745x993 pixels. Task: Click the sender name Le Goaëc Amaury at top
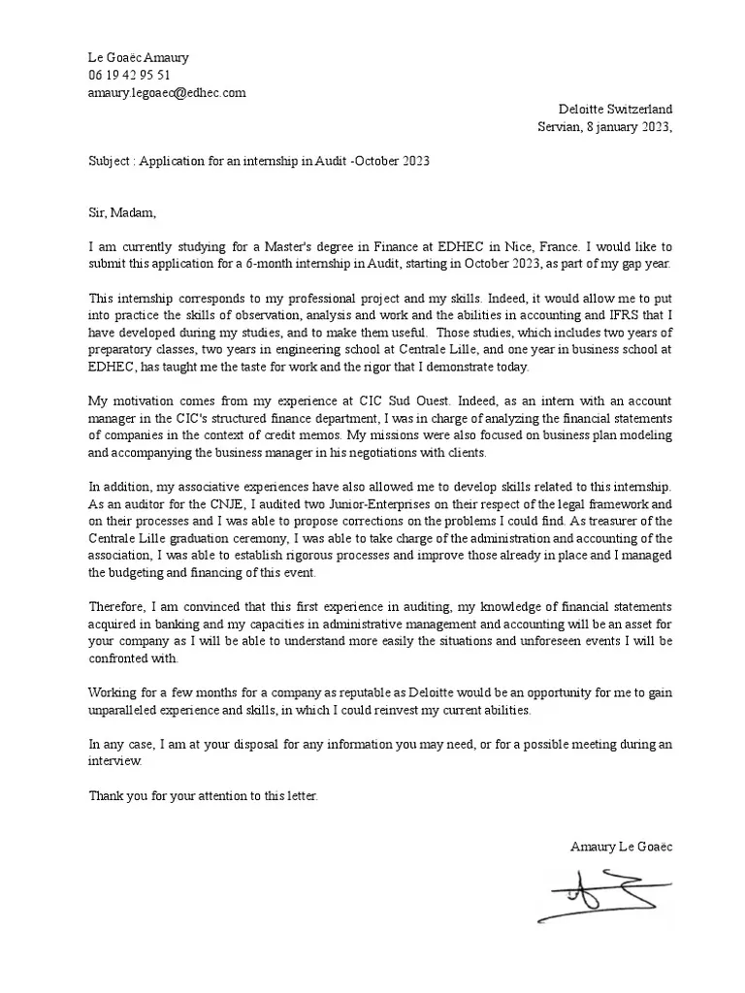click(139, 57)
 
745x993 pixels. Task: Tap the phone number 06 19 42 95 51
click(129, 75)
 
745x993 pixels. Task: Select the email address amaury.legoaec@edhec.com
click(167, 92)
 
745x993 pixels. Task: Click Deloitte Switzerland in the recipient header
click(615, 110)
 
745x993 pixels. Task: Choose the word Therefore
click(120, 607)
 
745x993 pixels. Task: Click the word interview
click(114, 761)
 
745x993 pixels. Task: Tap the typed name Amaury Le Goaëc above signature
click(621, 847)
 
